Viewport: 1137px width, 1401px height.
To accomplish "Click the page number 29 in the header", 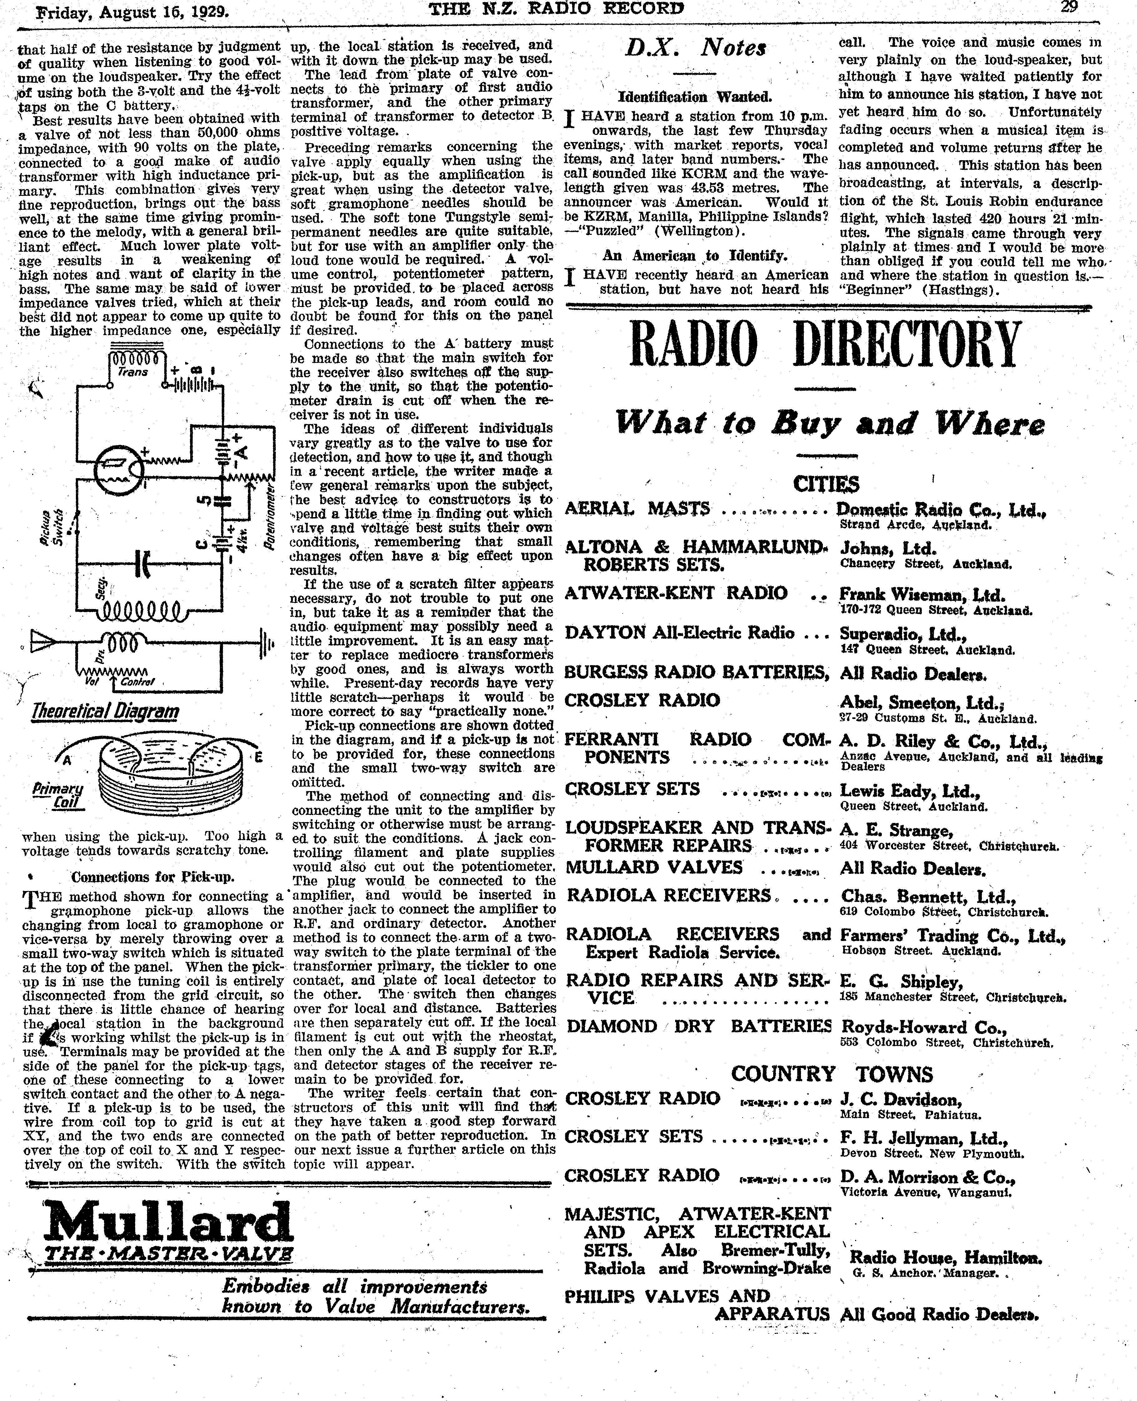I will (1070, 8).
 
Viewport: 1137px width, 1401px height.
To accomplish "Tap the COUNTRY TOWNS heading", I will (832, 1074).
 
